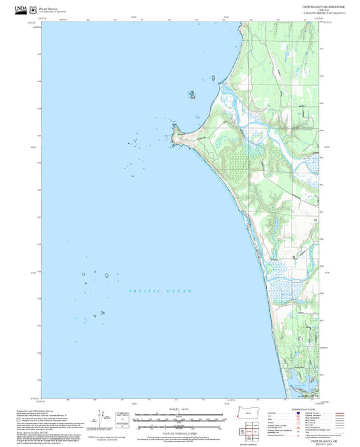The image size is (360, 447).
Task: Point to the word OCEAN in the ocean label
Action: [x=180, y=291]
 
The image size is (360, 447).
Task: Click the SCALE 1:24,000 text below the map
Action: [x=180, y=409]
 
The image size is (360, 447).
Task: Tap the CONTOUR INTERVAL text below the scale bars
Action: [x=180, y=431]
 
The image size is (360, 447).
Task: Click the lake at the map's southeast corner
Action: [x=312, y=385]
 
